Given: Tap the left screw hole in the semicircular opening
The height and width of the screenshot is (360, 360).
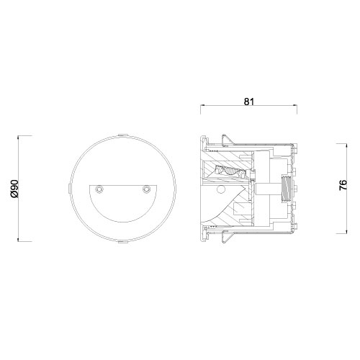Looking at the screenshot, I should coord(99,189).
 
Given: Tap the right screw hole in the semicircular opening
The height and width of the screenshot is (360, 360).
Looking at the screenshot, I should coord(146,189).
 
